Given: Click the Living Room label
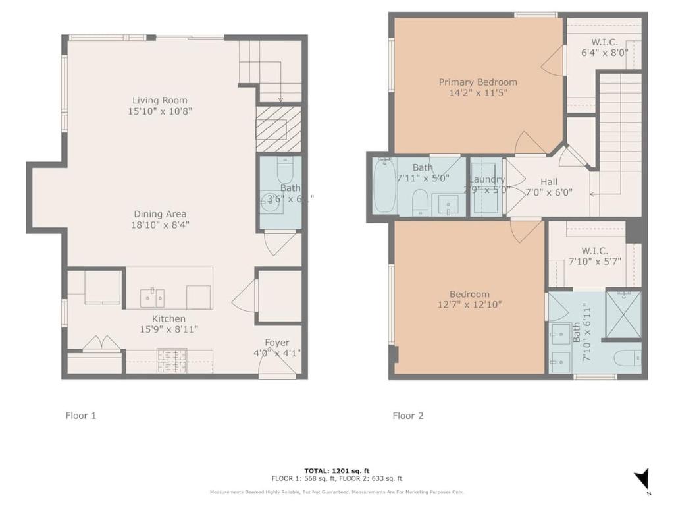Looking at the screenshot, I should click(x=161, y=100).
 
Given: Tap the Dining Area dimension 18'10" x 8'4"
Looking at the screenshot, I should click(x=160, y=225).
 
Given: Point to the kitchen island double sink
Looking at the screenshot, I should click(x=152, y=297).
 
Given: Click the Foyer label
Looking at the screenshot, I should click(x=277, y=342).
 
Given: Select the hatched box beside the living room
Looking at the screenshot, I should click(x=278, y=128).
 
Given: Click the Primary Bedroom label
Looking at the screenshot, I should click(x=478, y=82).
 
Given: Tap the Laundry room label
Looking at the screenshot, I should click(x=487, y=179).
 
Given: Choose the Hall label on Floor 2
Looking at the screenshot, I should click(x=549, y=182).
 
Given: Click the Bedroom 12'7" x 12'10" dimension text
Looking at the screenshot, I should click(x=469, y=305).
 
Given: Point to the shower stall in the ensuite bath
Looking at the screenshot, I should click(x=623, y=314).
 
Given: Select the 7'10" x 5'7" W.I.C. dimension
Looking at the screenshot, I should click(x=595, y=261).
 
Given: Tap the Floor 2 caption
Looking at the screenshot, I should click(x=408, y=416).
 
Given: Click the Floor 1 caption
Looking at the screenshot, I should click(x=81, y=416).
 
